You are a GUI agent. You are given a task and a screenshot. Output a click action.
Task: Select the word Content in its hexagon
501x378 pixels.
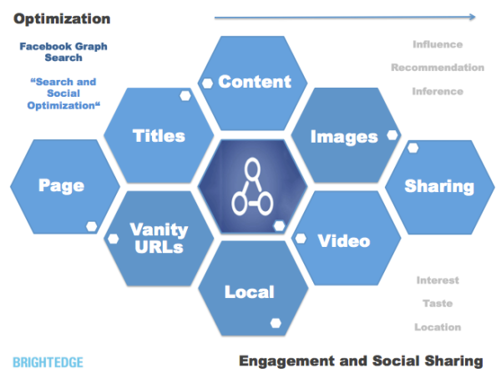(x=255, y=81)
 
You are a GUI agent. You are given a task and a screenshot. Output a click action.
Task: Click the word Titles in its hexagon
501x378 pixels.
(x=159, y=135)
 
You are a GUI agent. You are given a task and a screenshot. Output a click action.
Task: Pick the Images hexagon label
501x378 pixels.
(x=344, y=136)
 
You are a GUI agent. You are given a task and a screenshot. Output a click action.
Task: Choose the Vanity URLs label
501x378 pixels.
(x=159, y=238)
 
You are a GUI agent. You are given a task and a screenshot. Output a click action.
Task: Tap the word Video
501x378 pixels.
(x=344, y=241)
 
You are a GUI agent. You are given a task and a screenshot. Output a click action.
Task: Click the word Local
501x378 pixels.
(x=249, y=291)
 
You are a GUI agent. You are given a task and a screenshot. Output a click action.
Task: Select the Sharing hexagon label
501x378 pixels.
(x=439, y=186)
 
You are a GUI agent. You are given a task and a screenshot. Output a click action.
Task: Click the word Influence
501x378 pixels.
(x=437, y=44)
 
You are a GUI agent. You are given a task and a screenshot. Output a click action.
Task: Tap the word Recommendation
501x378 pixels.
(x=437, y=68)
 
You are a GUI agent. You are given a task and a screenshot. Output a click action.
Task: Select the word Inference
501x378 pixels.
(x=437, y=91)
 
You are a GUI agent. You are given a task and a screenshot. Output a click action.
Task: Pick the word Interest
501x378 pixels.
(x=438, y=280)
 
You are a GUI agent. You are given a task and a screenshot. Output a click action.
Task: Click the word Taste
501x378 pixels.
(x=438, y=304)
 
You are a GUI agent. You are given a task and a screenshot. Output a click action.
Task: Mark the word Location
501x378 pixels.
(x=438, y=327)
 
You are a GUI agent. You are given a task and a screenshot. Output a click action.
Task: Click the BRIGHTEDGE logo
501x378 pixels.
(x=48, y=361)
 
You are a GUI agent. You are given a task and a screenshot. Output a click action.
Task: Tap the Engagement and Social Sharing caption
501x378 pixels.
(x=361, y=360)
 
